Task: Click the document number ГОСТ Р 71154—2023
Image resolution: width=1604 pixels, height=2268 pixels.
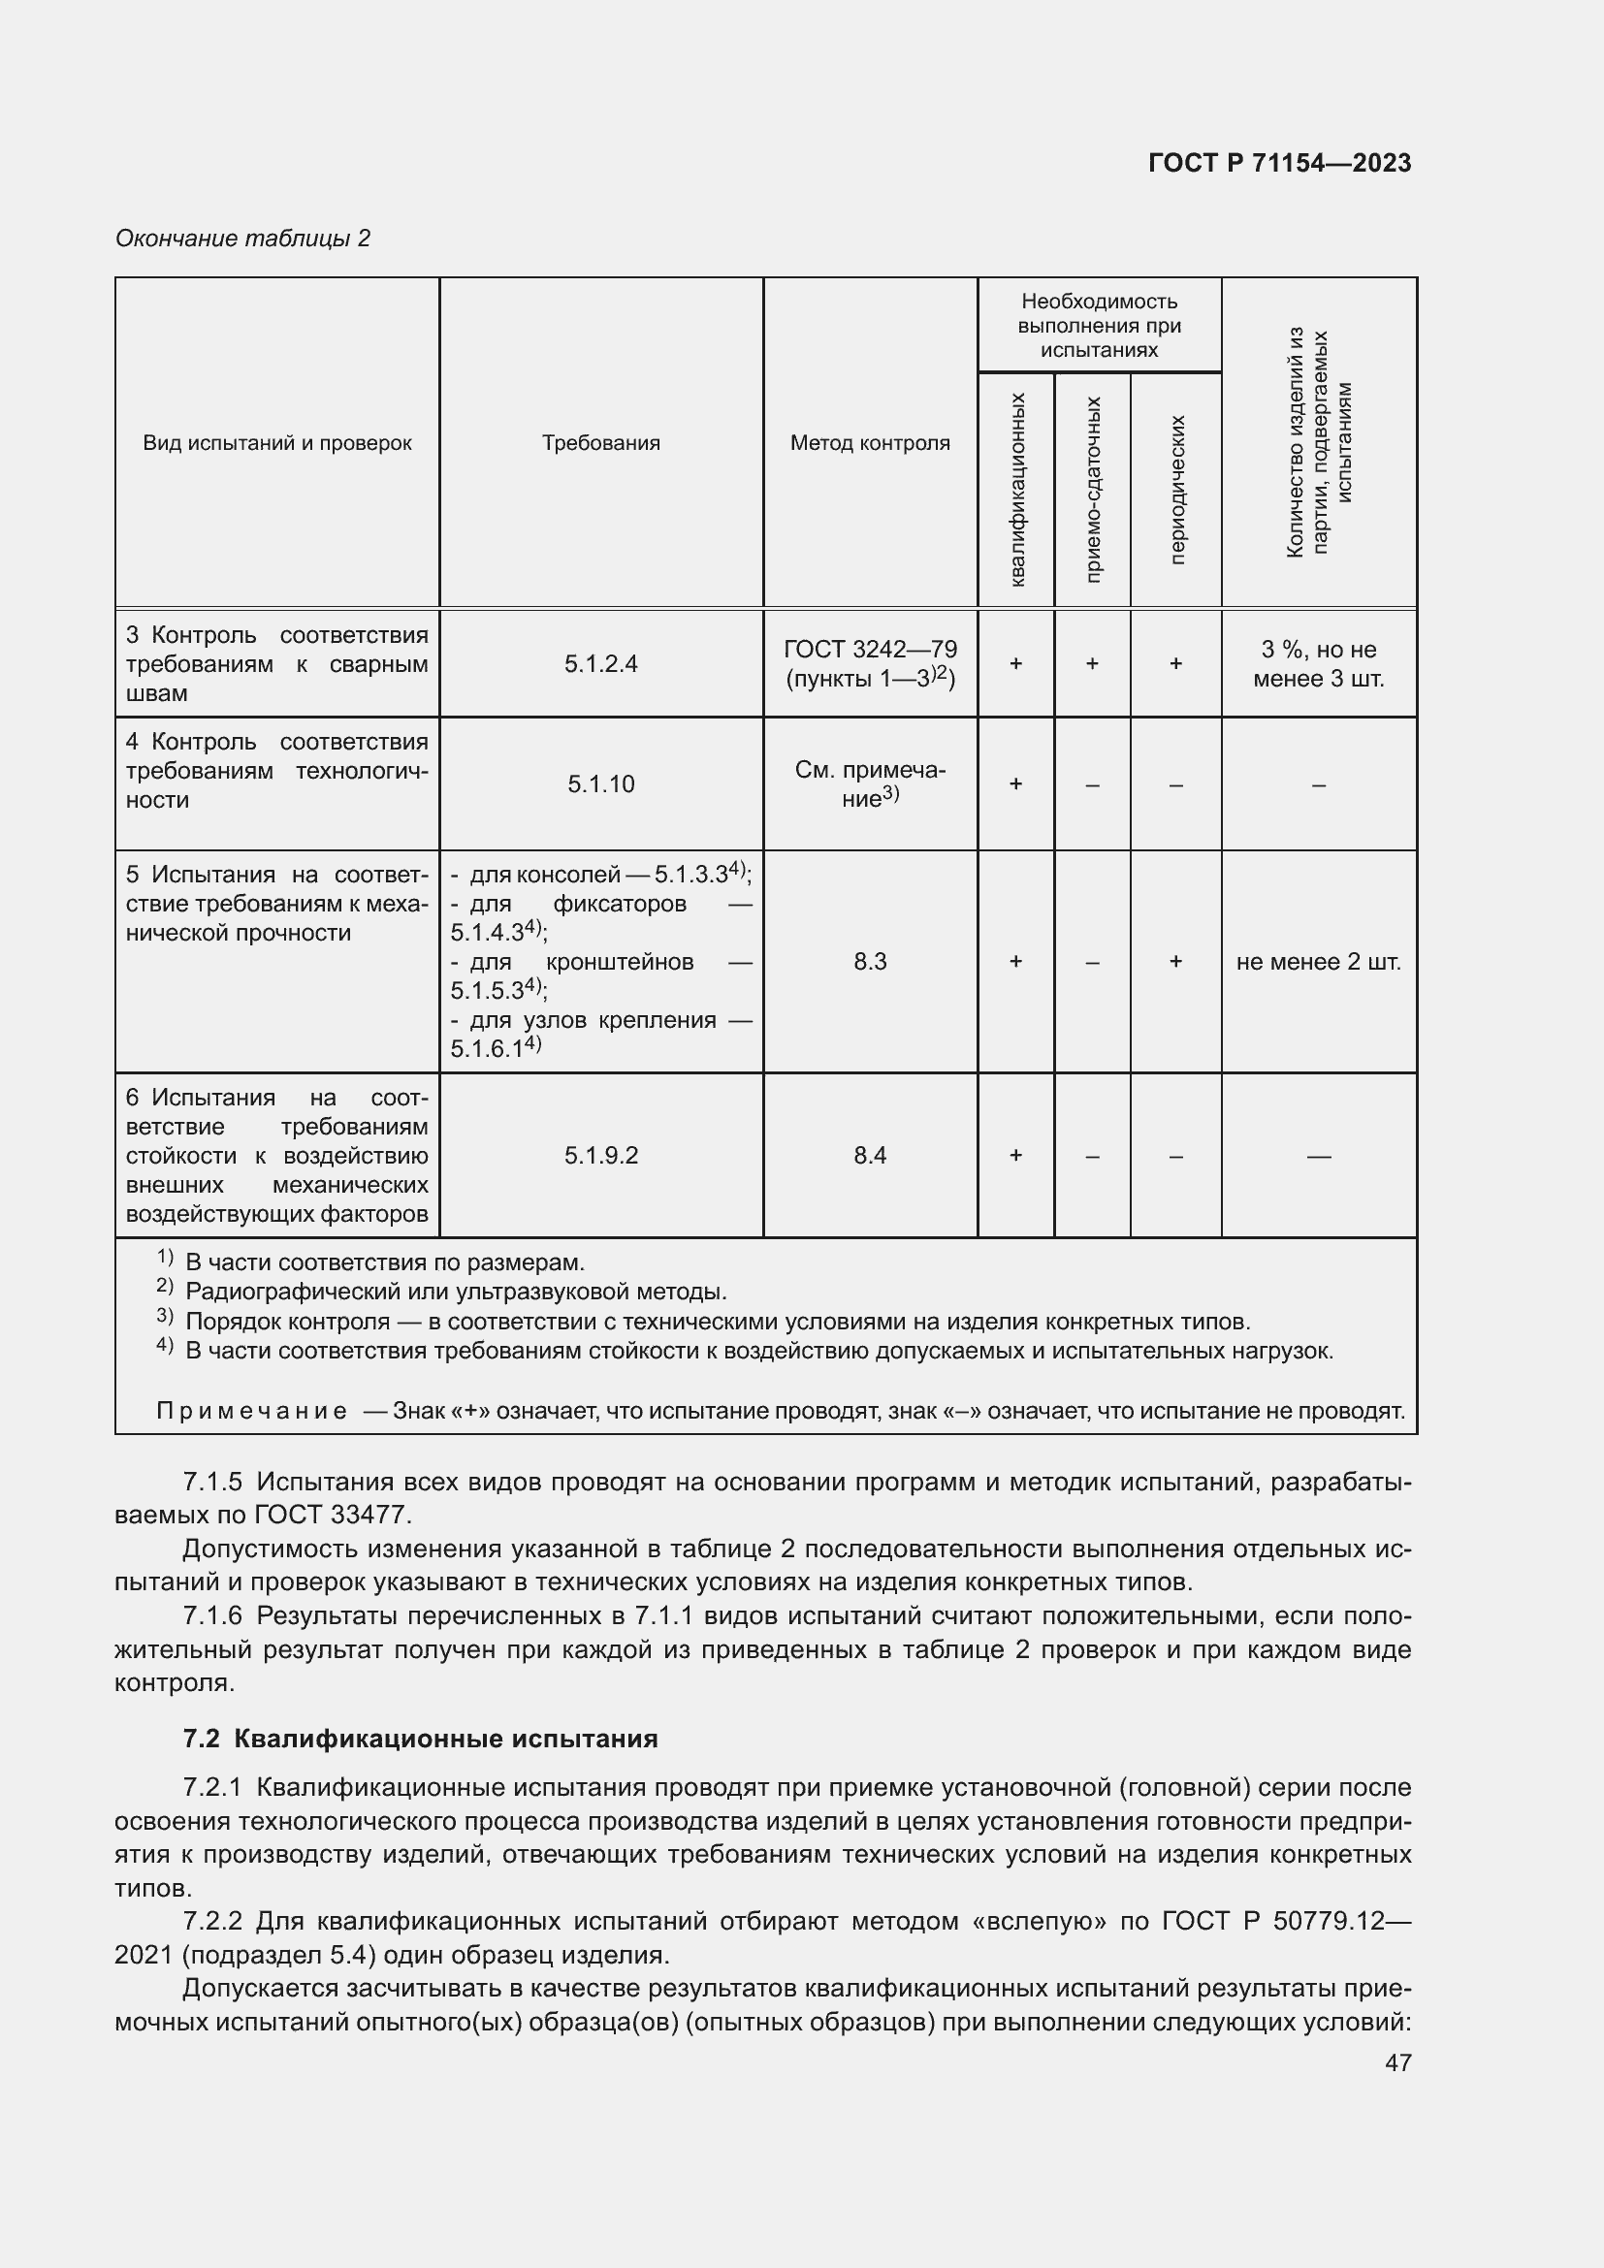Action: pos(1279,163)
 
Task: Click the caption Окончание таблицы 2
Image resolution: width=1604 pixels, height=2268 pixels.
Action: pos(243,239)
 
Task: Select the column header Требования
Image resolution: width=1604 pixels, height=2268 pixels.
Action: pos(600,442)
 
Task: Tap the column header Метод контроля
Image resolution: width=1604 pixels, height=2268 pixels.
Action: pos(869,442)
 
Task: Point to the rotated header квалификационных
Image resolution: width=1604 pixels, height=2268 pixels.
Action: pos(1017,489)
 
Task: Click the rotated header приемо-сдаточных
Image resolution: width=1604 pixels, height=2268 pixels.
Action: pos(1092,489)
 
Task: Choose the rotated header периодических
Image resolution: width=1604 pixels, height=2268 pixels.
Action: pos(1175,489)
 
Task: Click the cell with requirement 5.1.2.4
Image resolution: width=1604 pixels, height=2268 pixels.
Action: pos(600,664)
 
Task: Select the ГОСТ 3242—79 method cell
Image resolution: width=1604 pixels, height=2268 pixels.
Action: pos(869,664)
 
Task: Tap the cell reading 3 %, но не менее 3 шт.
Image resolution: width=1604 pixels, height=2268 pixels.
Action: pos(1318,664)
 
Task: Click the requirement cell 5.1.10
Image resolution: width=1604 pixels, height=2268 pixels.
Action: pos(600,784)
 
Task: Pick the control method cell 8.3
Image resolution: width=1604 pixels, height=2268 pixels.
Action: pos(869,961)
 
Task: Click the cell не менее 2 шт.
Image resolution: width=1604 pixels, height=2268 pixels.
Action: pos(1318,961)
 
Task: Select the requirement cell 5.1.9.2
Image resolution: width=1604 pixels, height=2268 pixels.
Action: pos(600,1155)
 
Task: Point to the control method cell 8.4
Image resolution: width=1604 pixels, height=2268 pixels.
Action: pos(869,1155)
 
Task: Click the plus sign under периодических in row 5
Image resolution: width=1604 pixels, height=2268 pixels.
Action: pos(1175,961)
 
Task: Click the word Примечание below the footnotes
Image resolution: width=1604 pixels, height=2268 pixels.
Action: pos(252,1411)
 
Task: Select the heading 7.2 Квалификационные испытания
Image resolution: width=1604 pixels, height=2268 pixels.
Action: pos(420,1739)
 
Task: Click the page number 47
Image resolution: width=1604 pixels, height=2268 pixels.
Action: pos(1397,2061)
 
